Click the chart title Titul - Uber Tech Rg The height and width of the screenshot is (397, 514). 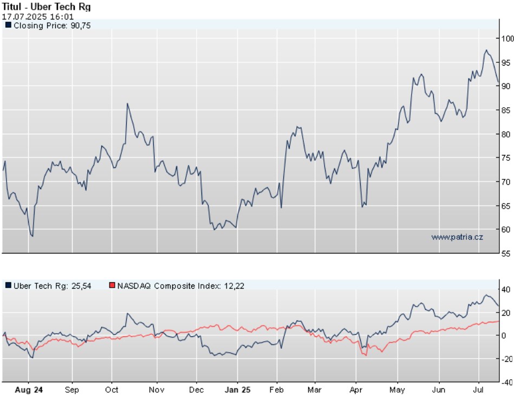click(46, 7)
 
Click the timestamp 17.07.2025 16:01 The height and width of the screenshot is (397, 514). click(38, 17)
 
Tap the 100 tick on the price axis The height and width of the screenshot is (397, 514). click(507, 38)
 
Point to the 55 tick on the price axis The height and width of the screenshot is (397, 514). click(506, 253)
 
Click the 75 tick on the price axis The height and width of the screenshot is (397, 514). click(506, 158)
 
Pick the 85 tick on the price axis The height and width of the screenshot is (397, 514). click(506, 110)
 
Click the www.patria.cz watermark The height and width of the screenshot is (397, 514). click(457, 237)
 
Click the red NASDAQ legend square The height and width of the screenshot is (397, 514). click(112, 285)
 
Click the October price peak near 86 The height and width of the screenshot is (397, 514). click(127, 103)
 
